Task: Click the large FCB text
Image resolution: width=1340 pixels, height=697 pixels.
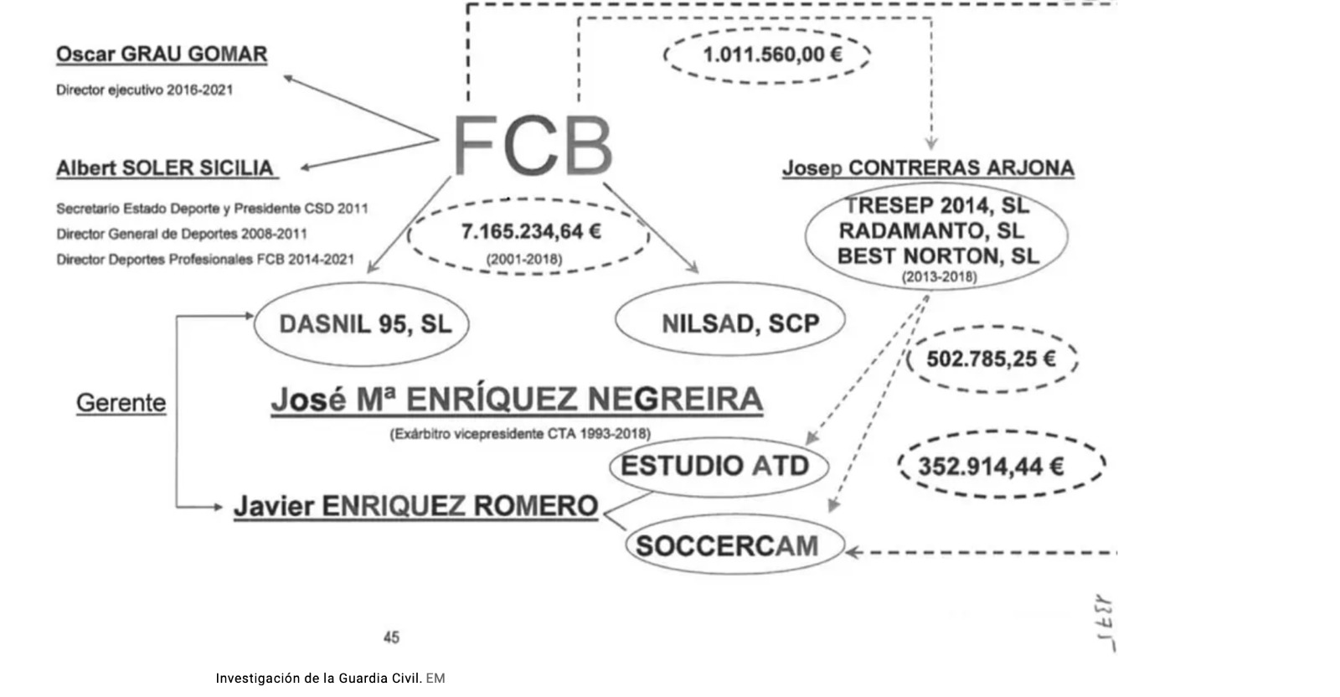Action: pos(533,145)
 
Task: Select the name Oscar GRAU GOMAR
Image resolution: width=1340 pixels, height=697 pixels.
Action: pos(162,54)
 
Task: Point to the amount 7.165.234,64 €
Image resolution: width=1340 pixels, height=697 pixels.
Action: pos(531,231)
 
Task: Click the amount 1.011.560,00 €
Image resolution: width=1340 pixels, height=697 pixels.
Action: pos(772,54)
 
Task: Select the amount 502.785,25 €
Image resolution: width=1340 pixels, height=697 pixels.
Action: pos(991,359)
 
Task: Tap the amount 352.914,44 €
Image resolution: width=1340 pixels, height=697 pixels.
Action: pos(991,467)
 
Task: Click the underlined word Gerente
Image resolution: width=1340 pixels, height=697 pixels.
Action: pos(121,403)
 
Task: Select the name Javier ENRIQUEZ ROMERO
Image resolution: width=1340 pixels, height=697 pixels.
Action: pos(415,506)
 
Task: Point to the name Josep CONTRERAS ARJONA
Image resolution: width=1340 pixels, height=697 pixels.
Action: pos(929,168)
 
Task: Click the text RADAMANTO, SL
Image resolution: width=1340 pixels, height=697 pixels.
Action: pos(931,230)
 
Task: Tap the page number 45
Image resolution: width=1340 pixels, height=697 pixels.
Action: pos(391,638)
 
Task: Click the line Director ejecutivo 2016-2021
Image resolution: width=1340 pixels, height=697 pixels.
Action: pos(144,90)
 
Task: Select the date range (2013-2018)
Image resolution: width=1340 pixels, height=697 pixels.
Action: pos(939,276)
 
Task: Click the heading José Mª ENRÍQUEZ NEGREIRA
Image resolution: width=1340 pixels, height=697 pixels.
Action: pos(517,400)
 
